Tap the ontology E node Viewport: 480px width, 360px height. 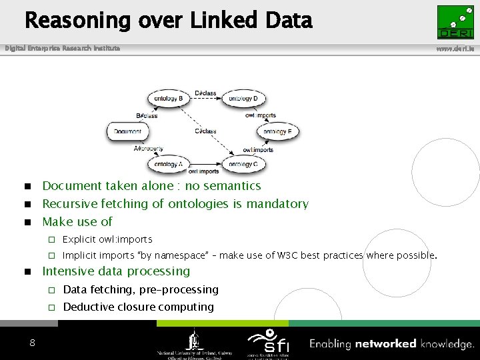(277, 131)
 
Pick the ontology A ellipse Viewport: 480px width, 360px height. (168, 164)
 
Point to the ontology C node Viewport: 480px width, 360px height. (243, 164)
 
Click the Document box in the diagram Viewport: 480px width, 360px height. (127, 131)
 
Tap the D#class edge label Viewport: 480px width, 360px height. (205, 93)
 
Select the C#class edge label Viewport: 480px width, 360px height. (205, 131)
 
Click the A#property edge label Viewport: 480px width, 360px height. (148, 149)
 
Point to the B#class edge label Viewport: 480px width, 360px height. (147, 115)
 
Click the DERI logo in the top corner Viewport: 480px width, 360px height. (455, 23)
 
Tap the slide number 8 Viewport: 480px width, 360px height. (32, 343)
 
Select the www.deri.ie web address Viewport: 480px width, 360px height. (455, 49)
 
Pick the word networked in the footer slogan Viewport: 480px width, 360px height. (385, 344)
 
